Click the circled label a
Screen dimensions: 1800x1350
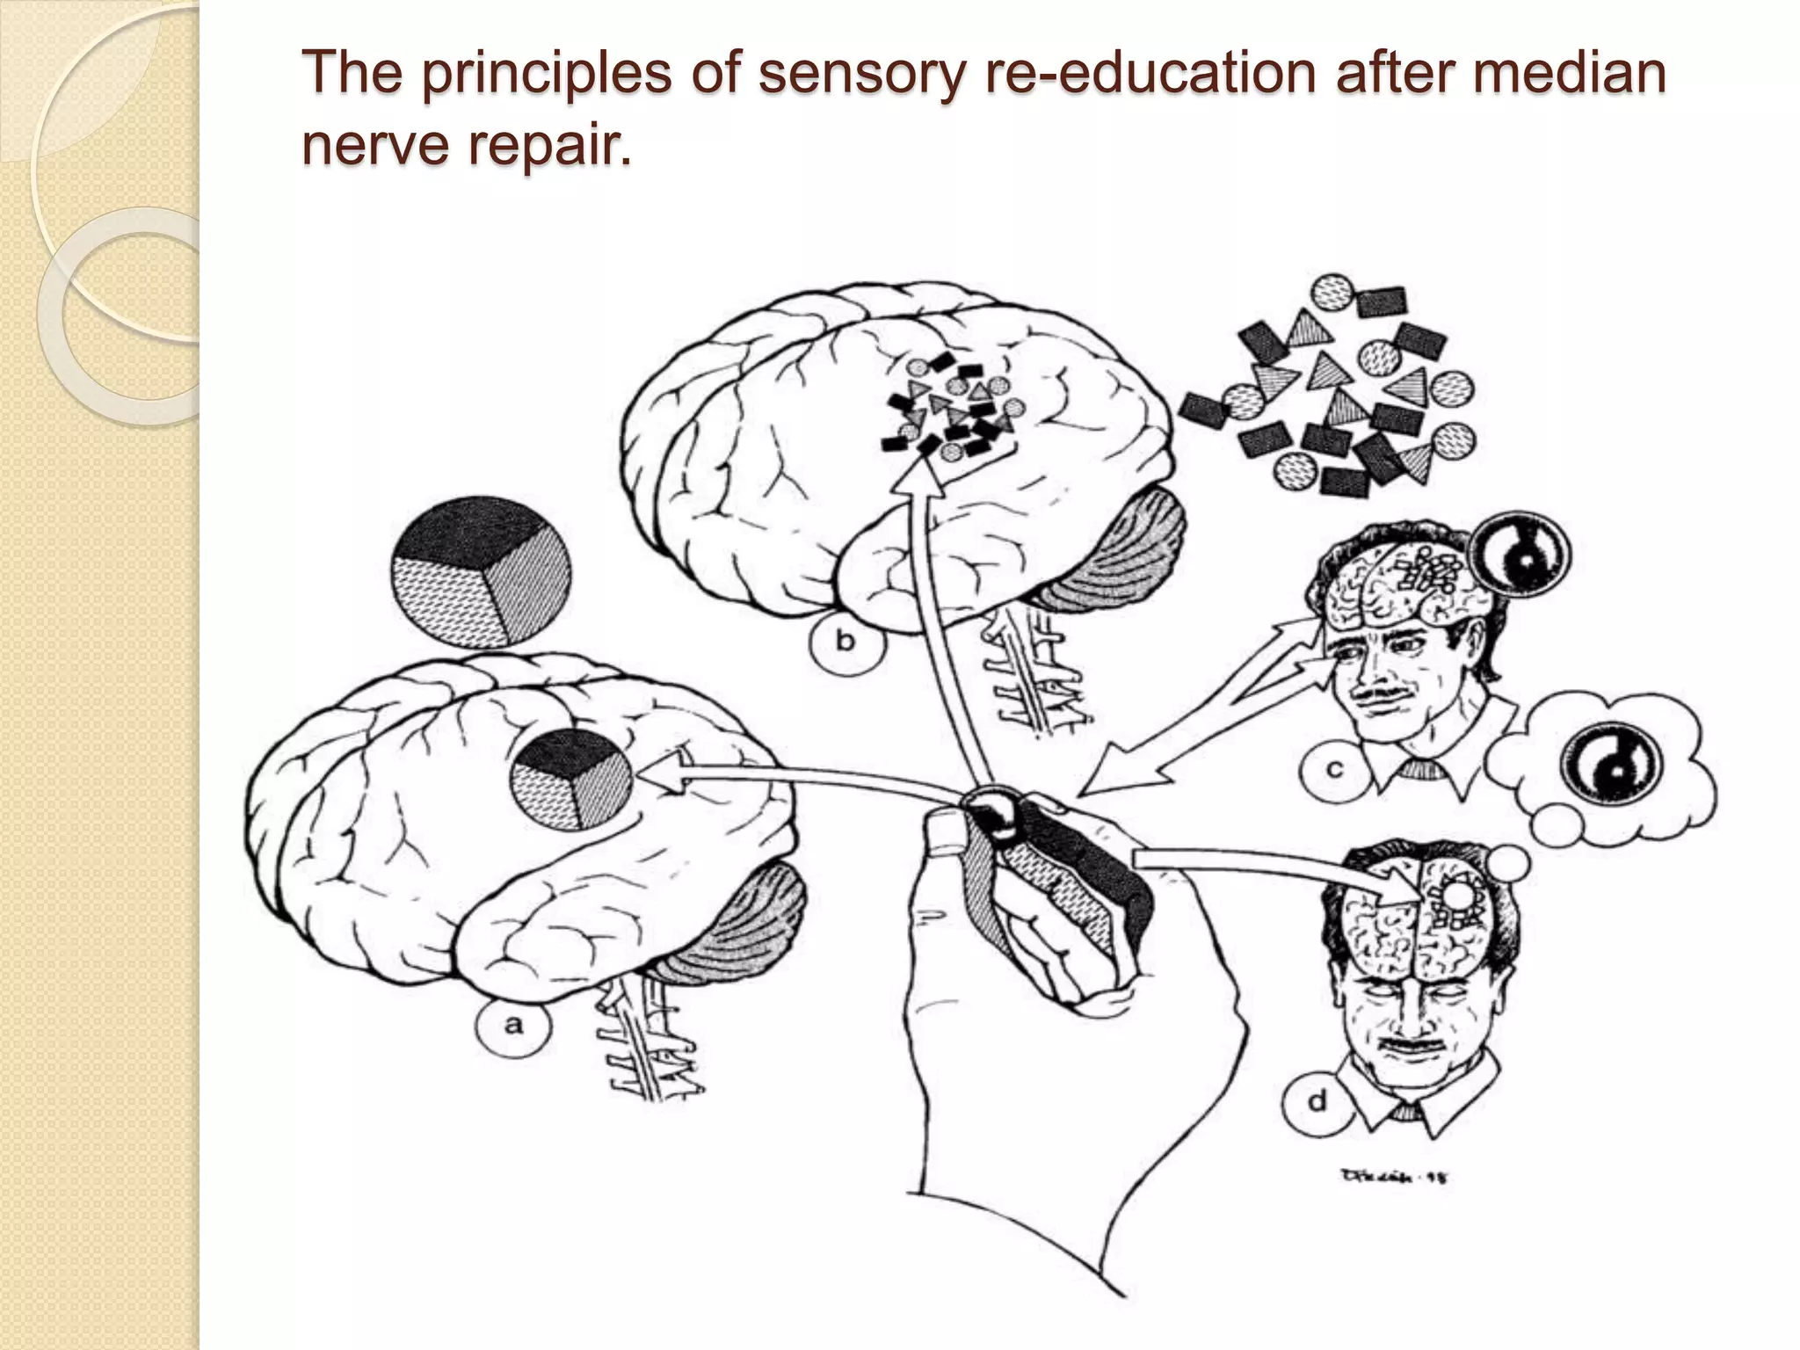pos(513,1024)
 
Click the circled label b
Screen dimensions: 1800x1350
pos(845,641)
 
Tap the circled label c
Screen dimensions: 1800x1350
pos(1333,770)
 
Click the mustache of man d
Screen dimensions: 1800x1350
pos(1397,1047)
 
